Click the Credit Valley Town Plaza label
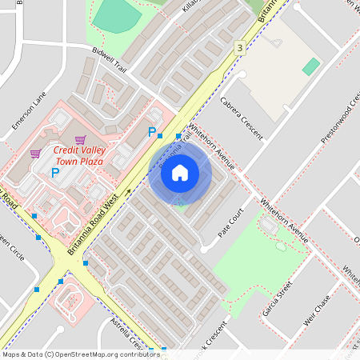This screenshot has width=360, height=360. point(79,156)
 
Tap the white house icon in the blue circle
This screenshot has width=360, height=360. point(180,172)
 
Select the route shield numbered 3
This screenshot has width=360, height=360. point(239,49)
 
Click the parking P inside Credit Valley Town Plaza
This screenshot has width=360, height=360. point(55,172)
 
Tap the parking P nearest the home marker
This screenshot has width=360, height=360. point(151,132)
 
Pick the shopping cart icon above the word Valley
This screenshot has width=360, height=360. point(80,139)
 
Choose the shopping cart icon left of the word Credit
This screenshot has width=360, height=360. point(35,154)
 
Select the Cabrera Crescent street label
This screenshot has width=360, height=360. point(242,118)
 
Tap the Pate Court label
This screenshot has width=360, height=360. point(231,224)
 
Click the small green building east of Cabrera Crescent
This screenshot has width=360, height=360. point(311,66)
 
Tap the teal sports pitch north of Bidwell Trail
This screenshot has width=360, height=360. point(117,14)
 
